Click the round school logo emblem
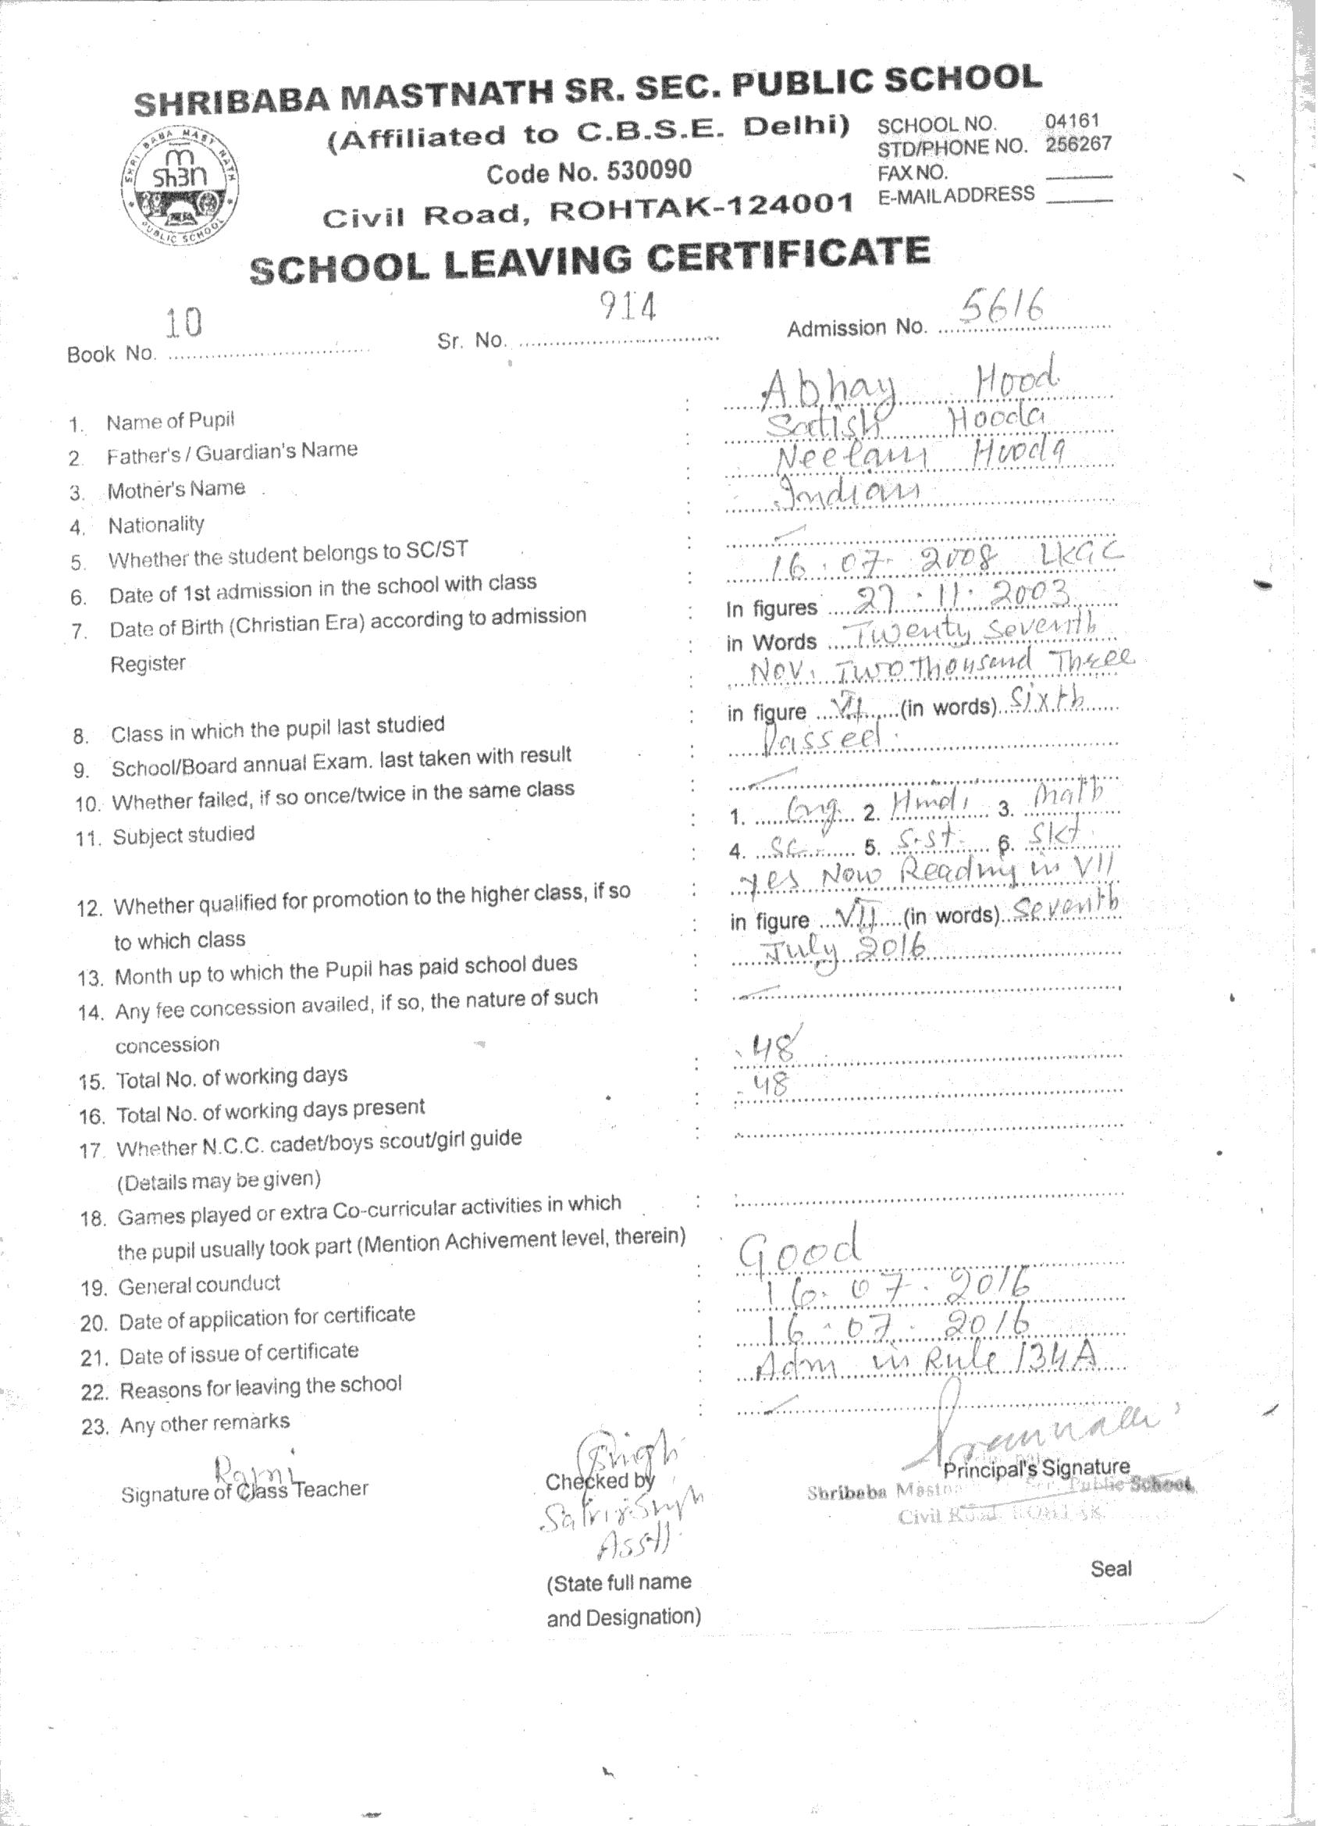[x=180, y=187]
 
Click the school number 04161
[x=1071, y=121]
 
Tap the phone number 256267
[x=1078, y=144]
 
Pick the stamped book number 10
[x=183, y=323]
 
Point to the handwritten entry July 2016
[x=846, y=954]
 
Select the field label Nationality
[x=156, y=526]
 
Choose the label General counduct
[x=200, y=1285]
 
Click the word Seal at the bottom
[x=1111, y=1568]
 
